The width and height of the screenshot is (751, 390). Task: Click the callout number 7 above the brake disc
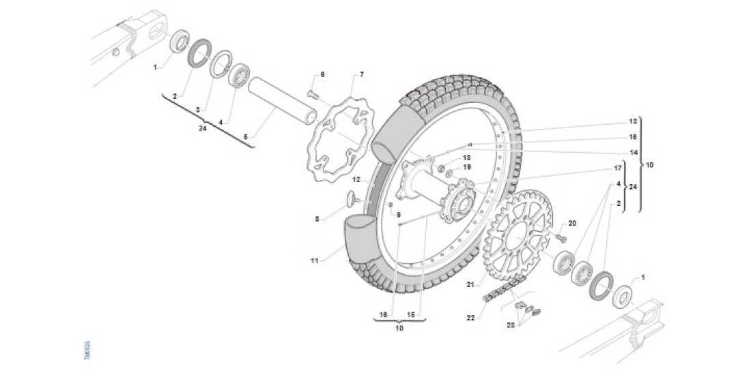(362, 74)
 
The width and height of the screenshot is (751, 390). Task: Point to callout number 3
(197, 109)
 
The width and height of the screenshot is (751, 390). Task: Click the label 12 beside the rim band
(356, 179)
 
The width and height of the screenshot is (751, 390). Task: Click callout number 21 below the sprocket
(470, 285)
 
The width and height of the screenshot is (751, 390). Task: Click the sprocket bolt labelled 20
(560, 238)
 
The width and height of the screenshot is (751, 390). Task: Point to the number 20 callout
(572, 224)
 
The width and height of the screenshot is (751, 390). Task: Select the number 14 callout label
(633, 152)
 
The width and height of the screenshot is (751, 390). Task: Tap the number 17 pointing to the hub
(618, 168)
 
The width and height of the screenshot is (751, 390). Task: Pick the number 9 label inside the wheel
(399, 214)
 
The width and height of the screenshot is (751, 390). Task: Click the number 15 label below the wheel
(411, 314)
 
